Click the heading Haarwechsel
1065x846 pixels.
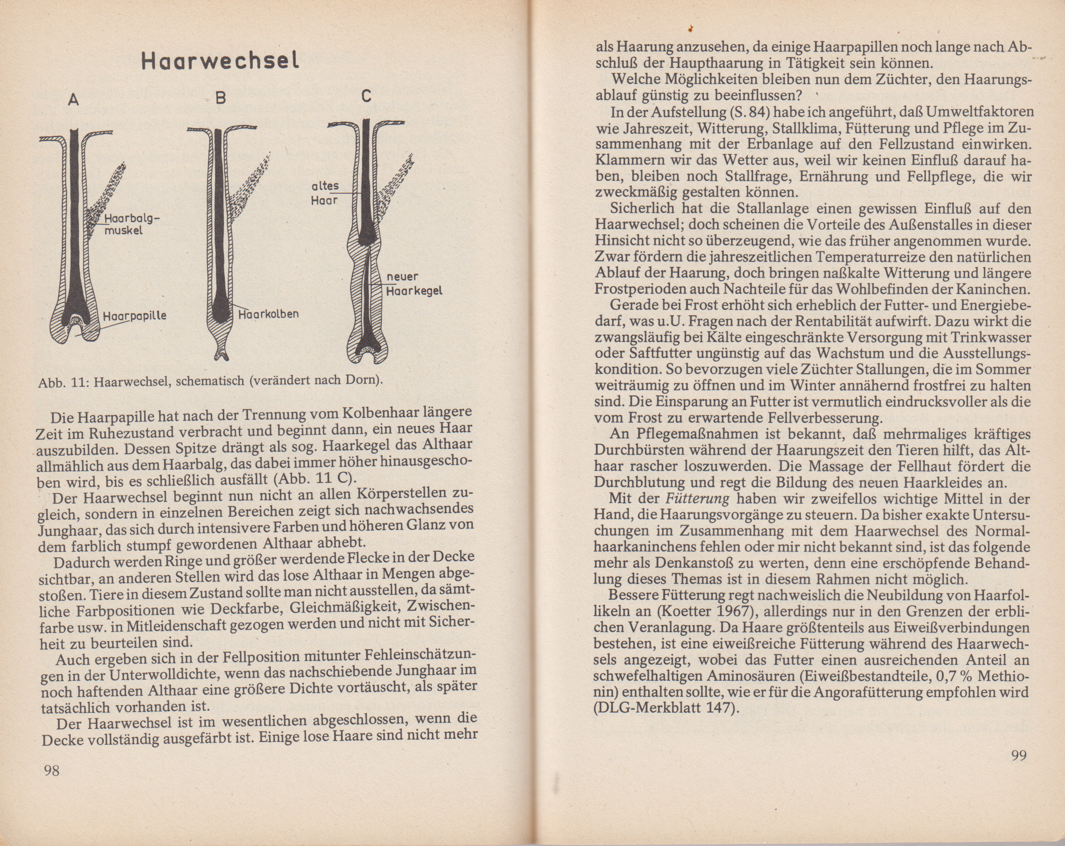[220, 60]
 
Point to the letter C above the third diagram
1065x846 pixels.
[366, 96]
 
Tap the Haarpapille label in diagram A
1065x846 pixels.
[134, 316]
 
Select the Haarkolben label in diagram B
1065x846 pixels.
[269, 314]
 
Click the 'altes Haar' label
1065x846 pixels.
[325, 193]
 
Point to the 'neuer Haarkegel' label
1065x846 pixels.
[413, 284]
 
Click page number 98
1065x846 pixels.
[52, 770]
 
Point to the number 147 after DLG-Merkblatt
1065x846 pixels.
[718, 708]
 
